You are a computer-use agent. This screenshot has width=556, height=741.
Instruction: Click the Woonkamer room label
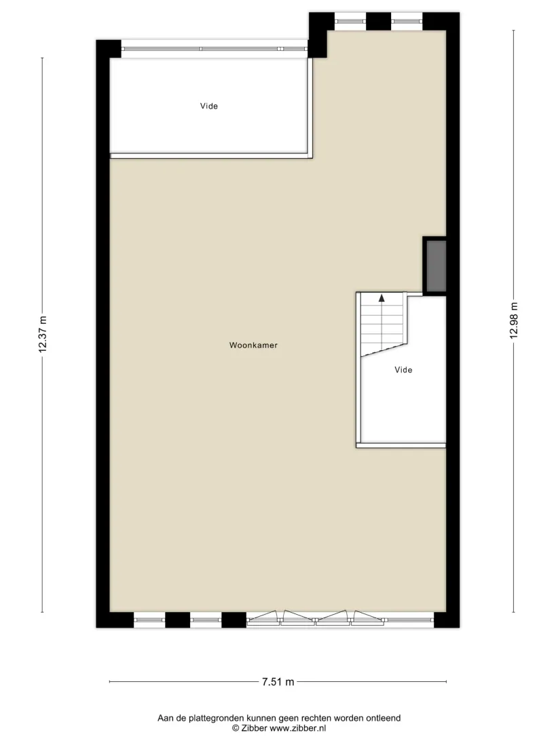pyautogui.click(x=253, y=345)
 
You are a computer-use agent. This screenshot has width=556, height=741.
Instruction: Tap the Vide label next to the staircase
pyautogui.click(x=403, y=370)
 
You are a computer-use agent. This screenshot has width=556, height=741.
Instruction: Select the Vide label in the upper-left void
pyautogui.click(x=209, y=107)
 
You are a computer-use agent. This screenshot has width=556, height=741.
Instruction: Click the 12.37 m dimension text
pyautogui.click(x=43, y=334)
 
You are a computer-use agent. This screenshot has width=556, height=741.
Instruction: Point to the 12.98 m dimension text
pyautogui.click(x=514, y=320)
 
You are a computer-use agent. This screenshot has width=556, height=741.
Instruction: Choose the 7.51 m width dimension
pyautogui.click(x=278, y=682)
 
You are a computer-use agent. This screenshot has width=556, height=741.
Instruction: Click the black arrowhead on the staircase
pyautogui.click(x=382, y=298)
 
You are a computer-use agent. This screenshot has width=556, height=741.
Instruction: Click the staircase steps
pyautogui.click(x=382, y=324)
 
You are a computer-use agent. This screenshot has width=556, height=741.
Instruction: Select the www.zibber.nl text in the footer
pyautogui.click(x=298, y=728)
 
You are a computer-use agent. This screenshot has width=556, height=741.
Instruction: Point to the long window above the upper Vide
pyautogui.click(x=215, y=49)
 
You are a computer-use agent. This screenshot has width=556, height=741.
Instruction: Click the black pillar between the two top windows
pyautogui.click(x=379, y=21)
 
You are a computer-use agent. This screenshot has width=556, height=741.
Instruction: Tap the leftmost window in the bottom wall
pyautogui.click(x=149, y=620)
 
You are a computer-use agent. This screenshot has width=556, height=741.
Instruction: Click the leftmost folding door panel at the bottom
pyautogui.click(x=263, y=618)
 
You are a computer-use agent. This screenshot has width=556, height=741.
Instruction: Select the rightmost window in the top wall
pyautogui.click(x=407, y=21)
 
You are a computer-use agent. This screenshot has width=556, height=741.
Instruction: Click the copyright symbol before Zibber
pyautogui.click(x=236, y=728)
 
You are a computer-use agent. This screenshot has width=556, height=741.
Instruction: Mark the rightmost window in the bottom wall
pyautogui.click(x=409, y=620)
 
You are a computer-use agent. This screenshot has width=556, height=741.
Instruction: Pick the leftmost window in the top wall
pyautogui.click(x=350, y=21)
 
